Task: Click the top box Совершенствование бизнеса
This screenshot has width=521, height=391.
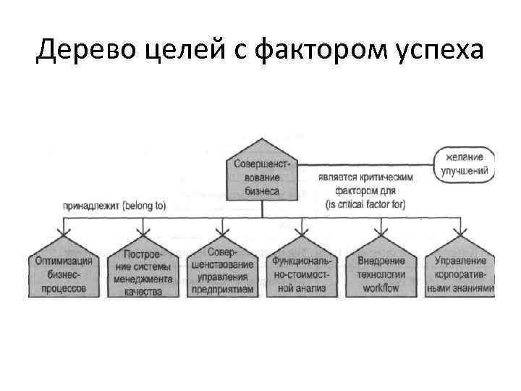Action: click(x=261, y=177)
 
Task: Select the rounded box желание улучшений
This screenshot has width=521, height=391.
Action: click(x=464, y=164)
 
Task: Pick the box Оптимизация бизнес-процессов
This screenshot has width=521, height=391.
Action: click(x=64, y=272)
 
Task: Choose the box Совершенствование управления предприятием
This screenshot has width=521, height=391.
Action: click(x=221, y=272)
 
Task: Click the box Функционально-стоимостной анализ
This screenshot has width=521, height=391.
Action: click(x=301, y=272)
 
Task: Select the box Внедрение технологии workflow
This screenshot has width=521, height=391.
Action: click(x=381, y=272)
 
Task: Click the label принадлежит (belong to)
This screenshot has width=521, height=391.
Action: click(x=114, y=206)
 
